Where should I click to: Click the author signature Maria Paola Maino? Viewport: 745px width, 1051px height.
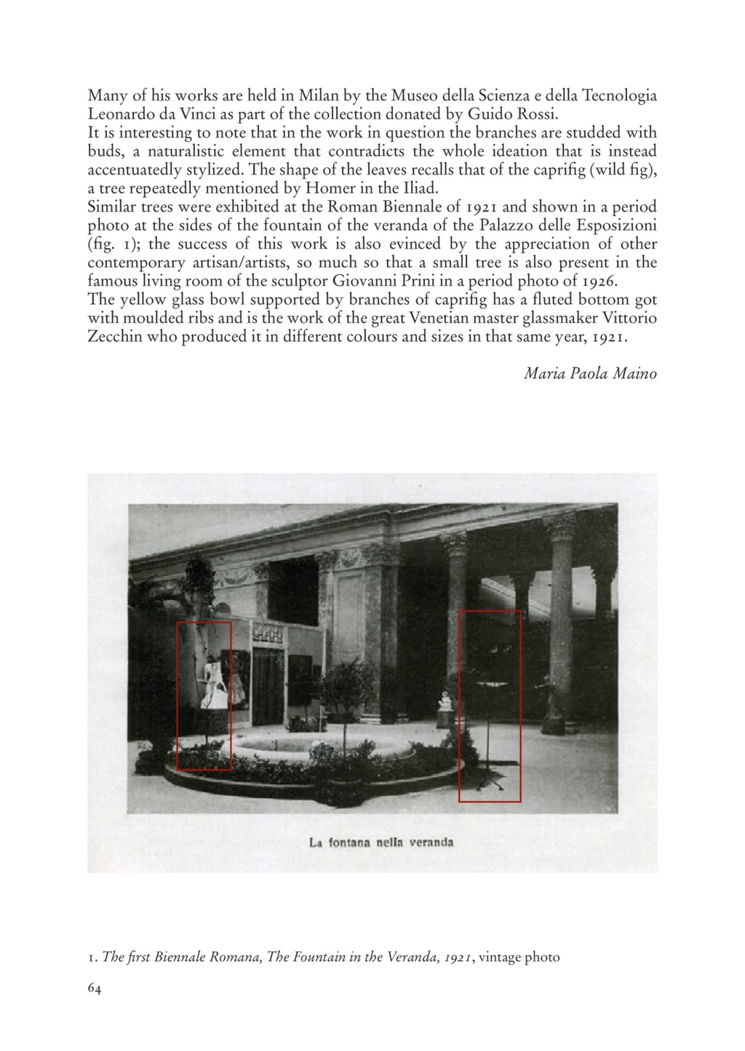(x=590, y=374)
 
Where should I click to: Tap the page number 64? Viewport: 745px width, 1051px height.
(x=95, y=988)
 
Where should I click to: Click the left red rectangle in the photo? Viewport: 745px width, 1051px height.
(x=204, y=695)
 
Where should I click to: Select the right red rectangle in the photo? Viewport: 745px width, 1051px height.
(x=490, y=706)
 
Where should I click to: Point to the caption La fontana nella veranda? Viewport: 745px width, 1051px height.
(x=381, y=843)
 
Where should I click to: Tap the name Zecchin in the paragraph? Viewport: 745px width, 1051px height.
(x=114, y=337)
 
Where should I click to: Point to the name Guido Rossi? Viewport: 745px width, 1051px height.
(x=512, y=114)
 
